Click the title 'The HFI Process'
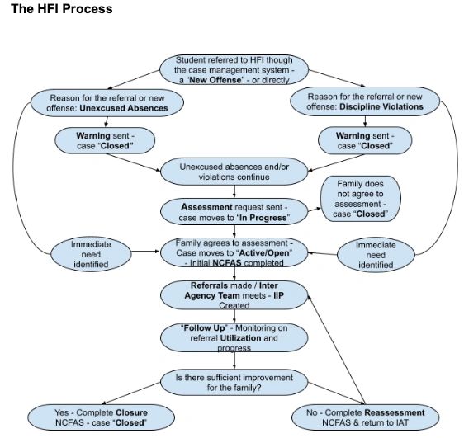(x=62, y=9)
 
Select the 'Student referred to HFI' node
(x=234, y=70)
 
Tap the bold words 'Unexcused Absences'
(x=124, y=108)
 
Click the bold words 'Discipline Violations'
(x=381, y=106)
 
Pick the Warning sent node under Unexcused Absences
(x=105, y=141)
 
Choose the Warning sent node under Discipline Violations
(x=365, y=141)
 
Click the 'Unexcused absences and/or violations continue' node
(x=234, y=172)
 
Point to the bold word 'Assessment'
(x=206, y=207)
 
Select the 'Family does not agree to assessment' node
(x=361, y=199)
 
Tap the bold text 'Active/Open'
(x=264, y=253)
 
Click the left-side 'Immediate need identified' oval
(x=91, y=254)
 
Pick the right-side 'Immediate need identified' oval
(x=376, y=255)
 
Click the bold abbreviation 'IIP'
(x=278, y=295)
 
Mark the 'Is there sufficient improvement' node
(x=234, y=383)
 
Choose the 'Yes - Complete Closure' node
(x=102, y=417)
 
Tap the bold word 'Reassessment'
(x=395, y=413)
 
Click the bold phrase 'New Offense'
(x=215, y=80)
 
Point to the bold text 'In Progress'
(x=263, y=218)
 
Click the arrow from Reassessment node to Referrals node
(x=337, y=350)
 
